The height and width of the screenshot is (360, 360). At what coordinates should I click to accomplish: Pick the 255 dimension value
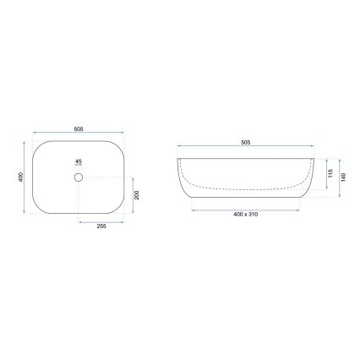[x=101, y=227]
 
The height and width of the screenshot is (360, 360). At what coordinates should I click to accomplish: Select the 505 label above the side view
[x=245, y=143]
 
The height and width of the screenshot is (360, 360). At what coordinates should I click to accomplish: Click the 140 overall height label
[x=342, y=178]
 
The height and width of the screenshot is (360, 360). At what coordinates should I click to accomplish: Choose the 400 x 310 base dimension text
[x=245, y=215]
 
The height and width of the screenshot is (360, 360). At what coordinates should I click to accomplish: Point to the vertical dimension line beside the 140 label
[x=337, y=178]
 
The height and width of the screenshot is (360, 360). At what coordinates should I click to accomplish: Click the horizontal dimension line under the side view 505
[x=245, y=148]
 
